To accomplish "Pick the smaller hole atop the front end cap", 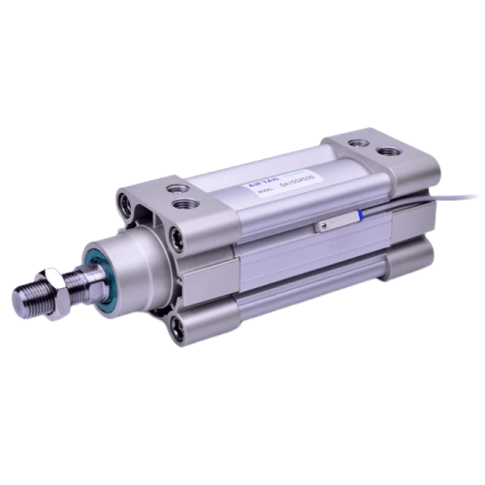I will point(175,188).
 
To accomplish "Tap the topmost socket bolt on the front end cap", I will point(125,205).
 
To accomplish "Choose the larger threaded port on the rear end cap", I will point(389,152).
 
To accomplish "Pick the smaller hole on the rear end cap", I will point(360,143).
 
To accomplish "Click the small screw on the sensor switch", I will point(324,226).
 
